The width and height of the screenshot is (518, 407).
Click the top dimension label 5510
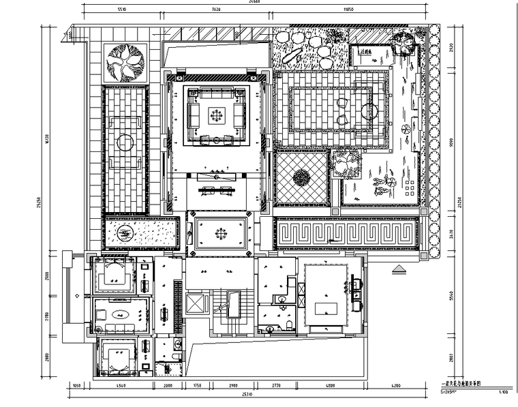coord(123,12)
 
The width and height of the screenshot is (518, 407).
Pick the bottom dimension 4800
coord(330,387)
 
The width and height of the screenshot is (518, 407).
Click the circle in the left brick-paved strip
coord(124,142)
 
